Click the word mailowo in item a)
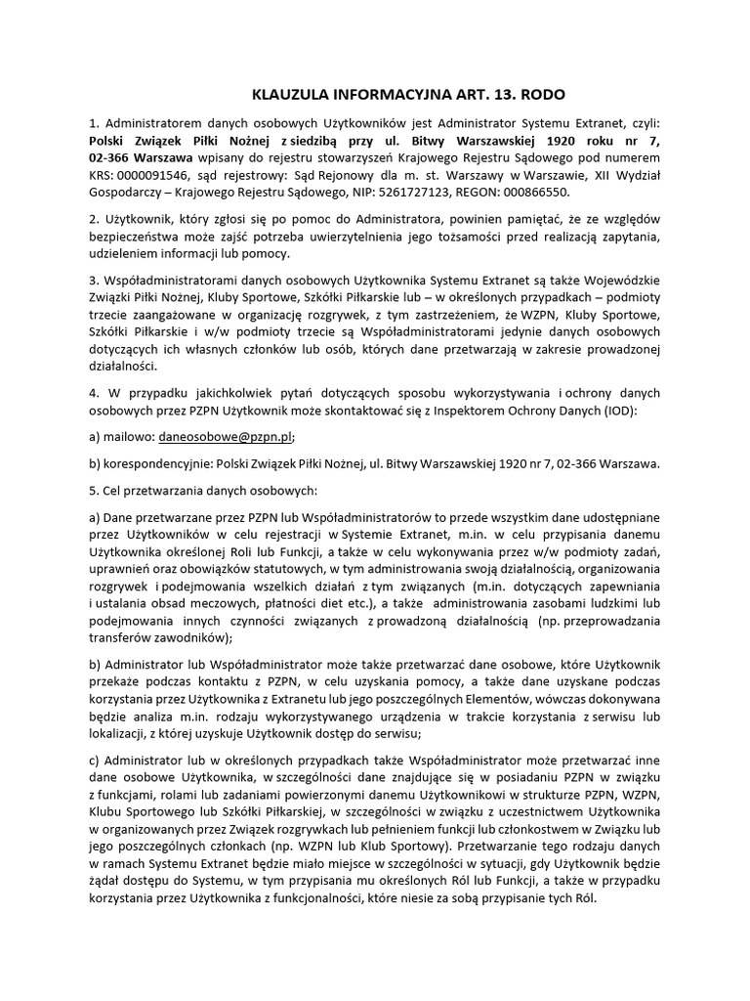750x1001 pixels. pyautogui.click(x=131, y=438)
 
